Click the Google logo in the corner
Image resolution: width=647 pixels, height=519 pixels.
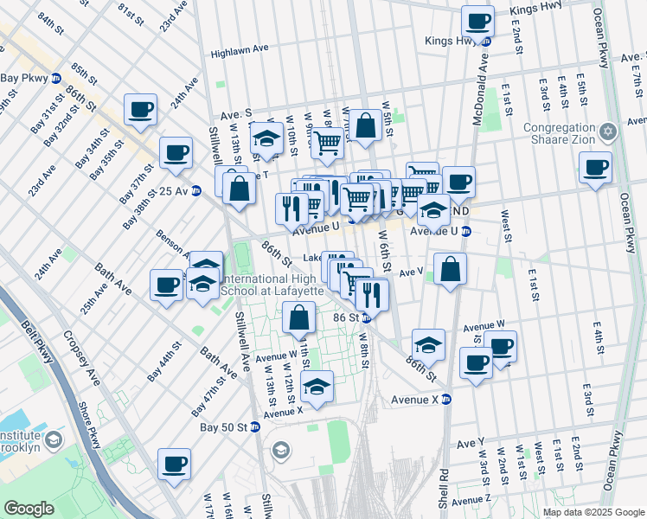pyautogui.click(x=29, y=509)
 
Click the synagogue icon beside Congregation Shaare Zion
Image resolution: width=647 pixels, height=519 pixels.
pyautogui.click(x=608, y=131)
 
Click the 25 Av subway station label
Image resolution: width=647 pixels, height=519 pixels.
pyautogui.click(x=174, y=190)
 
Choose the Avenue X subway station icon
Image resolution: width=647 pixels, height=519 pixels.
pyautogui.click(x=446, y=400)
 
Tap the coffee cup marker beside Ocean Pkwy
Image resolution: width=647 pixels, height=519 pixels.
pyautogui.click(x=595, y=168)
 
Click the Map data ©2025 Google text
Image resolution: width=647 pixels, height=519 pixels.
pyautogui.click(x=593, y=512)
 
